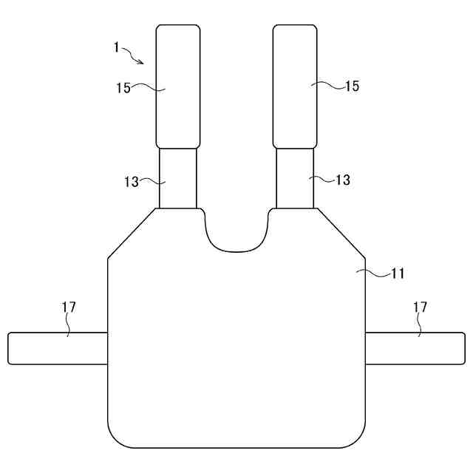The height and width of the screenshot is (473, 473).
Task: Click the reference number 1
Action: (x=117, y=47)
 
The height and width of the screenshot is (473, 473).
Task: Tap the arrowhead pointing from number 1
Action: (x=140, y=62)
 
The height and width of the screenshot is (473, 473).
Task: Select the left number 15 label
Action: (x=123, y=88)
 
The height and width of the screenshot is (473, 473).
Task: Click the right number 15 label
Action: (x=352, y=86)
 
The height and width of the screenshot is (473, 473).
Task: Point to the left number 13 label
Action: (x=132, y=182)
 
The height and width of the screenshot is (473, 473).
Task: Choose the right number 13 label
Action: (x=343, y=180)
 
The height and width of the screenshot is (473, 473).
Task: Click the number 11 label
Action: (x=398, y=273)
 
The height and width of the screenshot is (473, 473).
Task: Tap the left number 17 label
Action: (x=69, y=307)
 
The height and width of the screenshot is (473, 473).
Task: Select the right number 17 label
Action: (x=420, y=307)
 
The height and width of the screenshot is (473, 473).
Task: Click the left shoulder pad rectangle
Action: (x=178, y=86)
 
